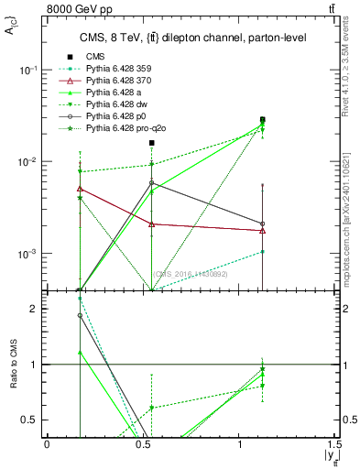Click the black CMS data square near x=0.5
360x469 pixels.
coord(152,143)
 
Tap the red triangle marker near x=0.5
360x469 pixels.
coord(152,224)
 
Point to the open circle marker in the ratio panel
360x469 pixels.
coord(80,315)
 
